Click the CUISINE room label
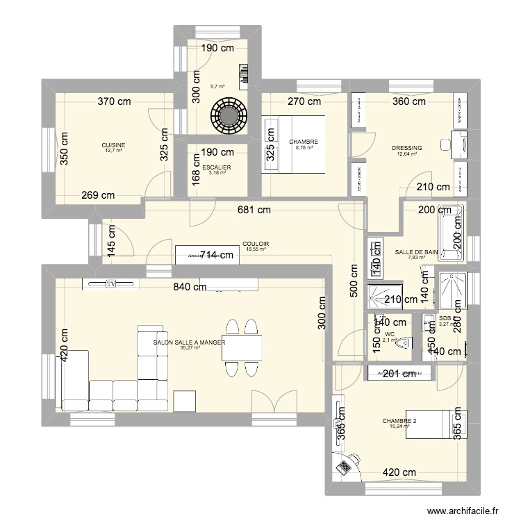point(114,145)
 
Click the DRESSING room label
point(405,148)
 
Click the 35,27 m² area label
point(190,348)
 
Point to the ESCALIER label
point(217,167)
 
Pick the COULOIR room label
point(256,244)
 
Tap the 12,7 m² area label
point(114,151)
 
